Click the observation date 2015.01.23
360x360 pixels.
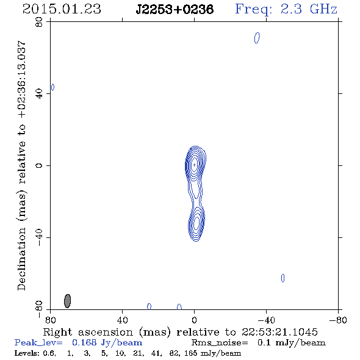[62, 9]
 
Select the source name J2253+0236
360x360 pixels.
[175, 9]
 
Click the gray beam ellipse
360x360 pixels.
[67, 301]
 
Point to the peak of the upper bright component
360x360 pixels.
[195, 165]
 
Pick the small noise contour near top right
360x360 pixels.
[257, 38]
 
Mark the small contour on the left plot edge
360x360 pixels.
[53, 87]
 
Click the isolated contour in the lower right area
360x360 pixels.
[283, 278]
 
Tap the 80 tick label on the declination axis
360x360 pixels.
[39, 22]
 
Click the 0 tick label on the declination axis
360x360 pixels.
[39, 165]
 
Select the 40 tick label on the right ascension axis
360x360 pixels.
[122, 320]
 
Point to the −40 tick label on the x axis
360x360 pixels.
[266, 320]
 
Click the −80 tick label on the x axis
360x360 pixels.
[338, 320]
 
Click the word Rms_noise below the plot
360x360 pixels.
[220, 343]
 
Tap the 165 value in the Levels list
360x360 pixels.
[190, 353]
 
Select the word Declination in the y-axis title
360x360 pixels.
[21, 259]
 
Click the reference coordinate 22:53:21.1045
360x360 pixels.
[279, 332]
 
